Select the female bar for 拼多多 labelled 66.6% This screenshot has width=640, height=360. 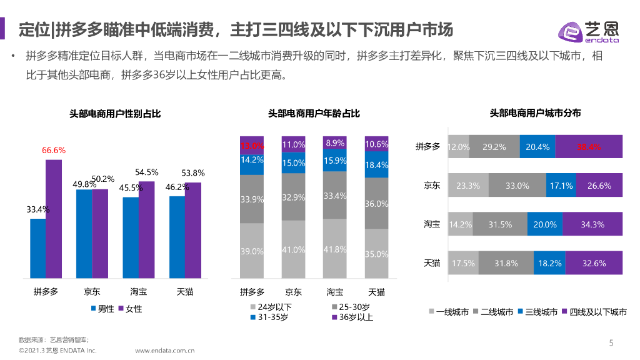pyautogui.click(x=54, y=219)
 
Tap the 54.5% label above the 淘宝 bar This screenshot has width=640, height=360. pyautogui.click(x=147, y=172)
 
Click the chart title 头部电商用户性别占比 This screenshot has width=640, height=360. pyautogui.click(x=115, y=114)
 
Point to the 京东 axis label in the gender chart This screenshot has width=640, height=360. pyautogui.click(x=92, y=291)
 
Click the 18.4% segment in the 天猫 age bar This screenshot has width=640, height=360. pyautogui.click(x=376, y=165)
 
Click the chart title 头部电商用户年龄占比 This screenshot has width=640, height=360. pyautogui.click(x=314, y=114)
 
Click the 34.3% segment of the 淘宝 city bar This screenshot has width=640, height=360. pyautogui.click(x=592, y=224)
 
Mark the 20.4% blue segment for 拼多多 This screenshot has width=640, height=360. pyautogui.click(x=537, y=147)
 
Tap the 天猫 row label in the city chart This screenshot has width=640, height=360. pyautogui.click(x=432, y=262)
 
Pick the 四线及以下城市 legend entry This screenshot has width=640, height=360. pyautogui.click(x=594, y=312)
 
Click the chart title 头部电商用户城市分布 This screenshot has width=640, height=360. pyautogui.click(x=535, y=113)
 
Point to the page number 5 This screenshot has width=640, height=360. pyautogui.click(x=611, y=342)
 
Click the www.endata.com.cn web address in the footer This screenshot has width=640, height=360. pyautogui.click(x=165, y=351)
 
